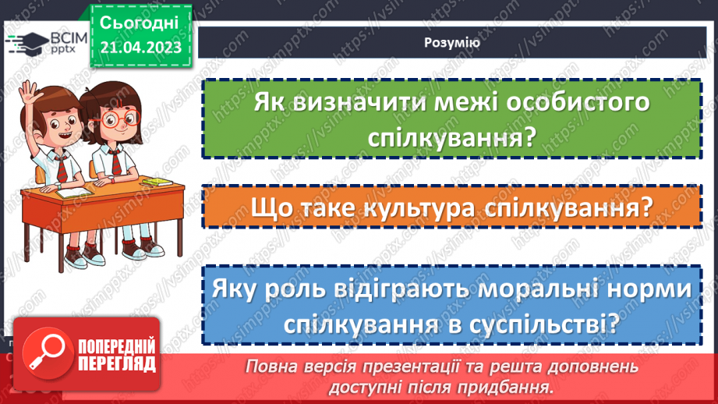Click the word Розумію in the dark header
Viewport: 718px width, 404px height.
[x=452, y=44]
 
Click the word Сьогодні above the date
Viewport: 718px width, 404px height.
[x=140, y=21]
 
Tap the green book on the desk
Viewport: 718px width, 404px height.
[x=159, y=182]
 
